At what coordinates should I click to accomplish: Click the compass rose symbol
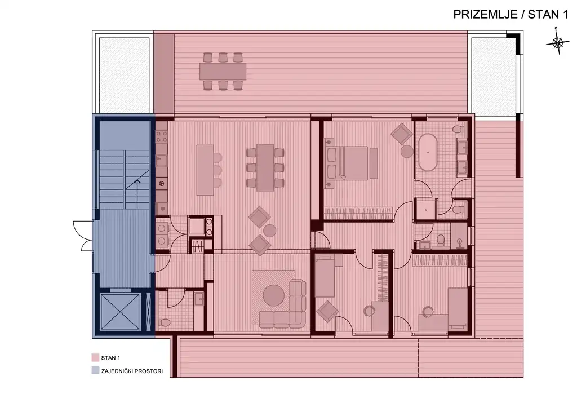tap(557, 43)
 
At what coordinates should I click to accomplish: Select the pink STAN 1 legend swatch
tap(95, 358)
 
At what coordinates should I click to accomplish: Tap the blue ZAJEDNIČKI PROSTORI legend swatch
tap(95, 371)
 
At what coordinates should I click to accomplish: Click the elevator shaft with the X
tap(121, 312)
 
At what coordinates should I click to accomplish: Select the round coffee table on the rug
tap(274, 295)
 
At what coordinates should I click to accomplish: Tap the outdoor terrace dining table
tap(223, 71)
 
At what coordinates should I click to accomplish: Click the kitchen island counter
tap(205, 170)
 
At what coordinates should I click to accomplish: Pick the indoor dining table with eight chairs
tap(265, 167)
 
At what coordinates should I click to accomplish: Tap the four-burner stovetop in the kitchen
tap(162, 137)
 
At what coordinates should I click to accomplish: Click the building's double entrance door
tap(84, 235)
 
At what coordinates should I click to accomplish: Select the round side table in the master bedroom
tap(407, 151)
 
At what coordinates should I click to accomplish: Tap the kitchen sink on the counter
tap(162, 161)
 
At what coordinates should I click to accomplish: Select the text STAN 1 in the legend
tap(110, 358)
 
